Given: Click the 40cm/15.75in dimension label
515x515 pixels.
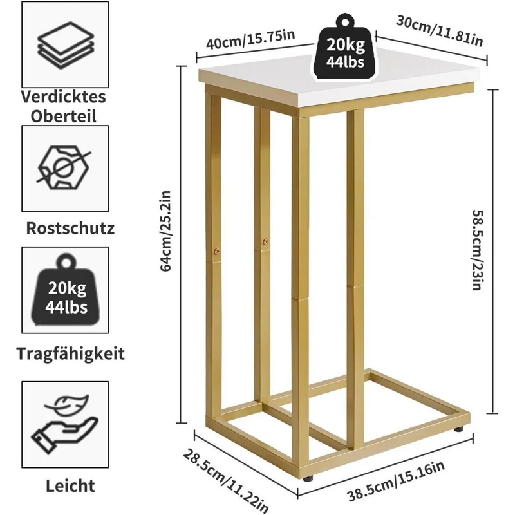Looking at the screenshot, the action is click(x=250, y=39).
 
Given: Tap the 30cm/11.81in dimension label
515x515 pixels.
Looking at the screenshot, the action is click(x=440, y=31).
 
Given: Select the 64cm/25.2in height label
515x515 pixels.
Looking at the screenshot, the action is click(x=165, y=231).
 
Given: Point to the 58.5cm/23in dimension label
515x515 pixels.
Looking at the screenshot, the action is click(x=477, y=250).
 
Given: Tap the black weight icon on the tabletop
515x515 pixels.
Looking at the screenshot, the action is click(x=345, y=47).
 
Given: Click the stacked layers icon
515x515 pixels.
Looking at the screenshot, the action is click(x=66, y=45).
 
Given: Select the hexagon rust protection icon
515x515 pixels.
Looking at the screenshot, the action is click(x=63, y=167).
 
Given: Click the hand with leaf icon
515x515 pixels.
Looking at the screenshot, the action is click(x=65, y=424).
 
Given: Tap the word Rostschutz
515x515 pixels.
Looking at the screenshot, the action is click(x=70, y=228).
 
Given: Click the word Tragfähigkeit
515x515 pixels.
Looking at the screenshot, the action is click(x=71, y=354).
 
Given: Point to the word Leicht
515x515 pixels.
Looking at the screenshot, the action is click(x=70, y=485).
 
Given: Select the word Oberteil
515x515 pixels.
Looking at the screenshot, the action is click(x=64, y=117).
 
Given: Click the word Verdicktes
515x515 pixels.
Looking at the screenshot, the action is click(x=64, y=97).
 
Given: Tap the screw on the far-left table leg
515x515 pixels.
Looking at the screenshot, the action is click(x=216, y=252).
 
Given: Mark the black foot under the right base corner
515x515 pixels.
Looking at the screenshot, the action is click(x=458, y=429).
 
